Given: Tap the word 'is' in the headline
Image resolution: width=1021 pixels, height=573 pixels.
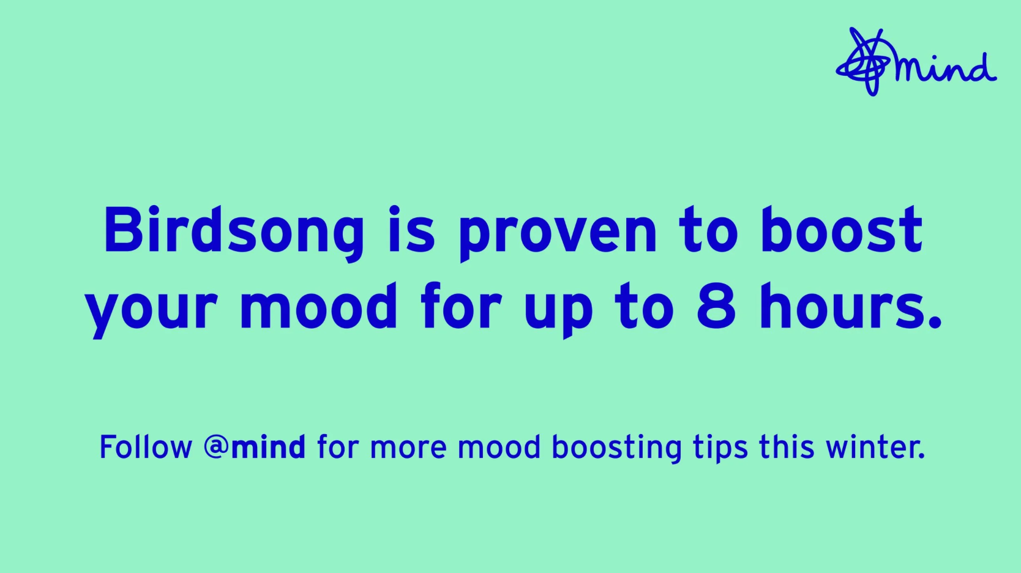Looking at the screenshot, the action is click(411, 230).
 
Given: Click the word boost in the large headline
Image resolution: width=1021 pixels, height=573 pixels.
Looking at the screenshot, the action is click(842, 230).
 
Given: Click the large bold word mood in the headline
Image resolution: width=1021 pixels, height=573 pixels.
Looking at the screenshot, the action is click(319, 306).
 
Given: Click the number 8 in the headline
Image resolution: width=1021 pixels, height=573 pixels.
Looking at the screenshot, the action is click(716, 306).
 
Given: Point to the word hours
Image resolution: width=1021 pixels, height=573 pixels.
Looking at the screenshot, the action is click(851, 306).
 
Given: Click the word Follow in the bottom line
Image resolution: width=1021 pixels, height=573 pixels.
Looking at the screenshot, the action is click(146, 447).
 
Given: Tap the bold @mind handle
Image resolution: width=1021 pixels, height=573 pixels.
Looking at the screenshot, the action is click(255, 448).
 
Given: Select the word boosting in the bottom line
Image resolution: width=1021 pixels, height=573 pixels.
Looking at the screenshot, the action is click(616, 449).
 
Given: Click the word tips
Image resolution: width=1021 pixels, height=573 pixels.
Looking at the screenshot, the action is click(720, 449).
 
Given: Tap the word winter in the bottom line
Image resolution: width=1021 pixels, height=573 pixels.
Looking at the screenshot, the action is click(875, 447).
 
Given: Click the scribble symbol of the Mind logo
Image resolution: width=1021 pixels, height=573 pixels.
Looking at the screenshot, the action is click(863, 62).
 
